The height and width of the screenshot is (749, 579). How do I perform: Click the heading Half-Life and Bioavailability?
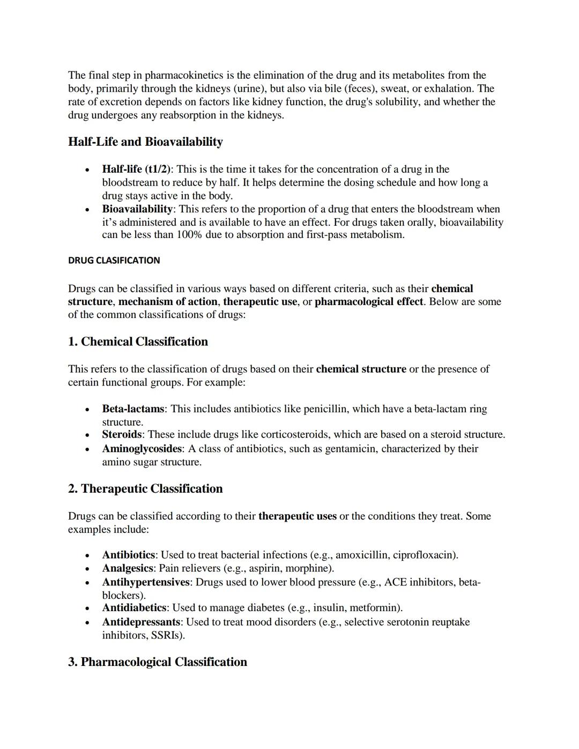tap(145, 142)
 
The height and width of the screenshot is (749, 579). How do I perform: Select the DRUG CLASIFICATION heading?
tap(114, 261)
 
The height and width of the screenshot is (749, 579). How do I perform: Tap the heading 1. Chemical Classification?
tap(138, 342)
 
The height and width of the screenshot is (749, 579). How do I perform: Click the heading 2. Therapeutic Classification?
tap(145, 489)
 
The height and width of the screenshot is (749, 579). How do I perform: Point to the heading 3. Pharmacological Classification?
tap(158, 662)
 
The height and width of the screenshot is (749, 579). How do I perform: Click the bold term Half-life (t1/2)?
tap(136, 169)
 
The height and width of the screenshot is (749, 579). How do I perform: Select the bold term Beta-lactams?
tap(133, 409)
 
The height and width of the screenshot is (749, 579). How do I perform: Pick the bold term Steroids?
tap(122, 435)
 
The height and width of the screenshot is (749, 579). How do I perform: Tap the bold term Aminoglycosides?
tap(142, 449)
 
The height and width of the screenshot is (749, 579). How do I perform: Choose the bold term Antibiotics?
tap(128, 555)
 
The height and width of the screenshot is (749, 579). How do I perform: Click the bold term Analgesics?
tap(128, 568)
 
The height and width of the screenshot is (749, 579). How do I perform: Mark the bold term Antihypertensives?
tap(145, 582)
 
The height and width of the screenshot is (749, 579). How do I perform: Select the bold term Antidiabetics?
tap(134, 608)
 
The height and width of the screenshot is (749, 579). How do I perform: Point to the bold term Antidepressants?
tap(140, 622)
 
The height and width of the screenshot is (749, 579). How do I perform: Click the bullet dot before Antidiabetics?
tap(87, 609)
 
